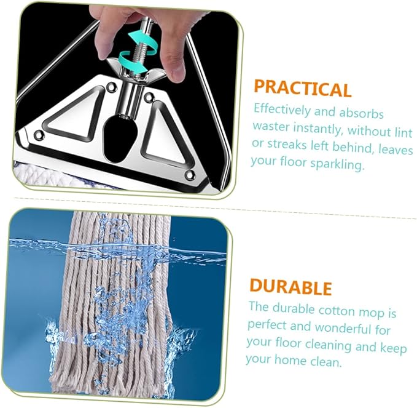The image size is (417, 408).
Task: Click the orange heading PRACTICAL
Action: (303, 89)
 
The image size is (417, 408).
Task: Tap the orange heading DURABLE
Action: (290, 287)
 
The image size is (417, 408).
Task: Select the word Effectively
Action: (282, 110)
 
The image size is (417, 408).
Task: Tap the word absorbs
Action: (361, 113)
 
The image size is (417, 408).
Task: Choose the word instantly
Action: (318, 129)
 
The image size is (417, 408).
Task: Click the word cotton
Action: (337, 311)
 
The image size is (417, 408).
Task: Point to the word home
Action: (290, 359)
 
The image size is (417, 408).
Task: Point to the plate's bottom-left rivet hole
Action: (39, 135)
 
